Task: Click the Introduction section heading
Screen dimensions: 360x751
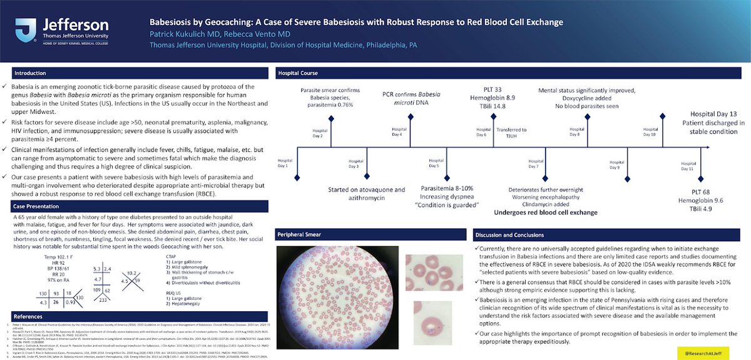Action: (30, 73)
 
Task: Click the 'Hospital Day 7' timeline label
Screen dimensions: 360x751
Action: (534, 163)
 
